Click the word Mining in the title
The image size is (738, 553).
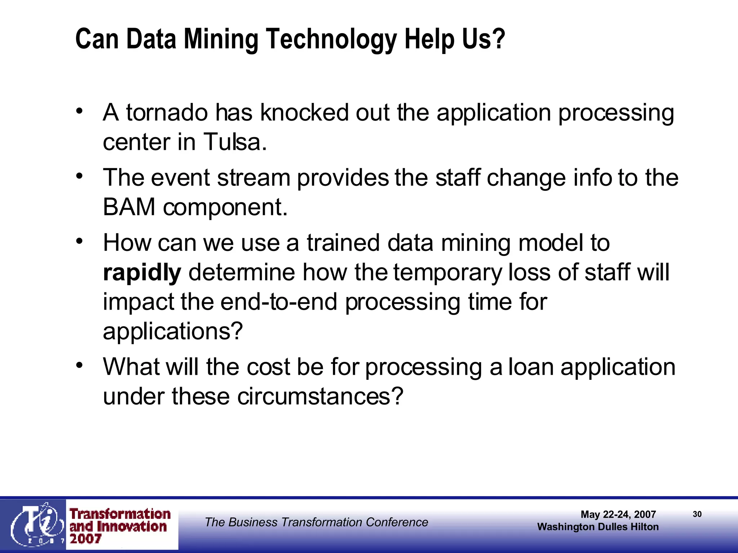point(221,39)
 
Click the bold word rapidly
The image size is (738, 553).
point(142,273)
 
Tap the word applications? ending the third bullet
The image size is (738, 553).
point(173,331)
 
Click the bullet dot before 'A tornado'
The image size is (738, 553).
point(80,111)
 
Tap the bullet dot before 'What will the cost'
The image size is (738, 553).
point(80,365)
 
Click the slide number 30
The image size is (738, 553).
point(697,514)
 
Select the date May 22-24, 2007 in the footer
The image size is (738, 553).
point(618,514)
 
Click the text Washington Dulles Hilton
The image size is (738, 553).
point(597,527)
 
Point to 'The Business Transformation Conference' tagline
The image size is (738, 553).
point(316,522)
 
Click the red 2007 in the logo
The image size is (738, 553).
point(85,539)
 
